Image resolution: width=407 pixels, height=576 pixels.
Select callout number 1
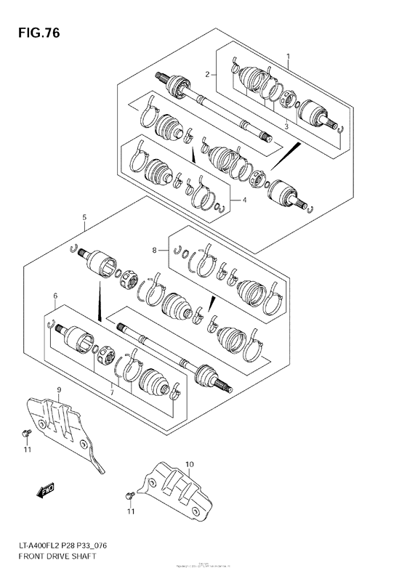(288, 56)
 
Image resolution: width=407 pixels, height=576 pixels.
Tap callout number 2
(207, 73)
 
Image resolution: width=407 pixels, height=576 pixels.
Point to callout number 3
(286, 126)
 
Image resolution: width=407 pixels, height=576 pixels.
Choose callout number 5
(84, 216)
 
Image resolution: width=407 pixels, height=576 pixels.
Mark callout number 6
(55, 296)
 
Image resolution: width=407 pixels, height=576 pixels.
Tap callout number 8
(154, 251)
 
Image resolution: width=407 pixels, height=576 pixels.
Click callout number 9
(59, 392)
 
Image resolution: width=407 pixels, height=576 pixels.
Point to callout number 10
(188, 463)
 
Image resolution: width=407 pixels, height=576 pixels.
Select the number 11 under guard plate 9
(28, 450)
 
